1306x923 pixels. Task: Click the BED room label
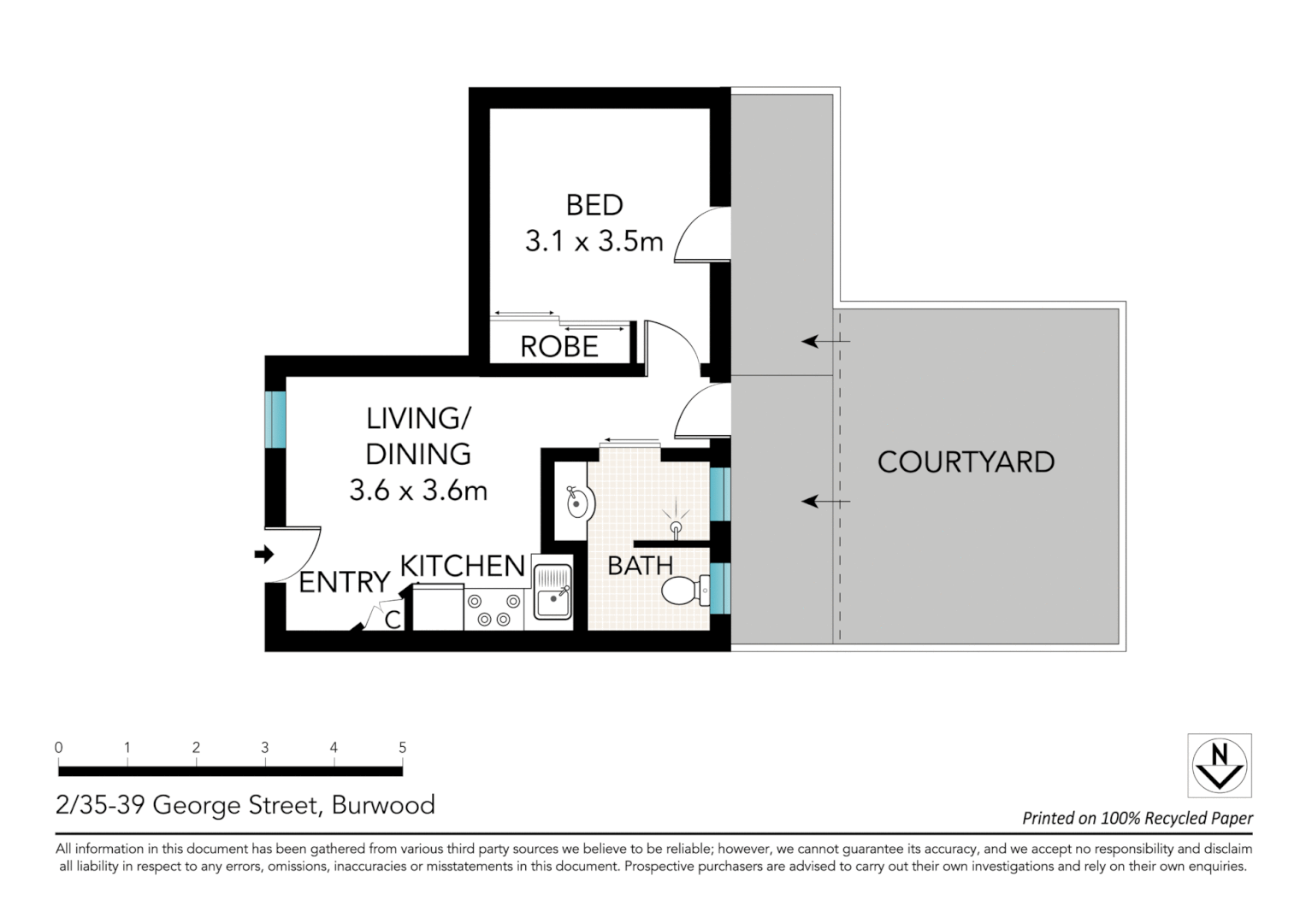click(x=594, y=205)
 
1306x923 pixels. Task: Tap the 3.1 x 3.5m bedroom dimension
click(x=594, y=242)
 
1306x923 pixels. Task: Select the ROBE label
click(x=559, y=346)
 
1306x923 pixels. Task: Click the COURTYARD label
click(x=966, y=462)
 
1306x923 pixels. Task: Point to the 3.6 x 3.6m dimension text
click(x=418, y=491)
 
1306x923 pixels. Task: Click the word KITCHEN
click(x=463, y=566)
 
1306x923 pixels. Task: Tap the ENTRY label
click(x=344, y=582)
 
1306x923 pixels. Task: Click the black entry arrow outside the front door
click(x=263, y=555)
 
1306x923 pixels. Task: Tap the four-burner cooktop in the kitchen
click(x=493, y=609)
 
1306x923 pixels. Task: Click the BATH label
click(x=640, y=566)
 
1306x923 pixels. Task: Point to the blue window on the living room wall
click(x=275, y=419)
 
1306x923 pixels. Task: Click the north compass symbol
click(x=1220, y=765)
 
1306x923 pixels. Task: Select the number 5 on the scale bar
click(x=402, y=748)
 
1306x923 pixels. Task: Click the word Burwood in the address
click(x=383, y=805)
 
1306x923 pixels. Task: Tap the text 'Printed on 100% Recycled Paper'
click(x=1138, y=818)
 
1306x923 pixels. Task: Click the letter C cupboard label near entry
click(x=393, y=620)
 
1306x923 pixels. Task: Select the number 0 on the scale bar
click(x=58, y=748)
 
